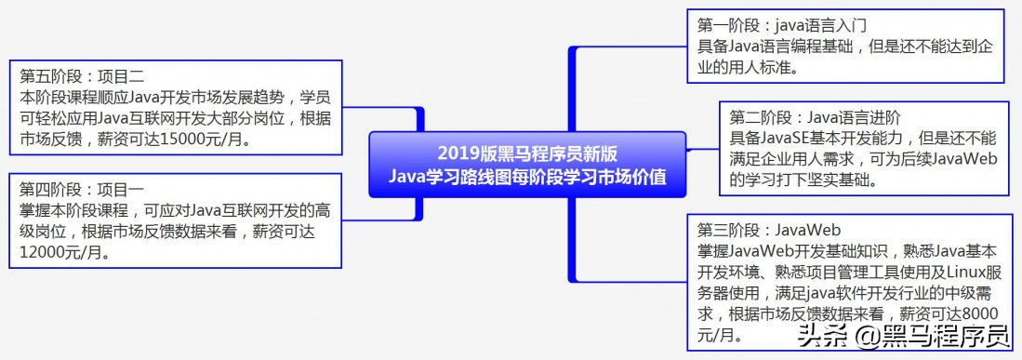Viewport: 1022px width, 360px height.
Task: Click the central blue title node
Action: (x=527, y=165)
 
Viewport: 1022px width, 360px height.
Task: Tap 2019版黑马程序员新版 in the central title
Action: (x=527, y=154)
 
